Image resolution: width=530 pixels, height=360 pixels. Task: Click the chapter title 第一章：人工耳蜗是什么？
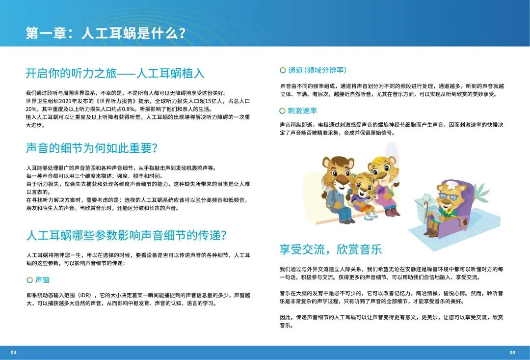click(x=106, y=33)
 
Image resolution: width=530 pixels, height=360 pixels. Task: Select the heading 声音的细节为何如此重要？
click(x=91, y=148)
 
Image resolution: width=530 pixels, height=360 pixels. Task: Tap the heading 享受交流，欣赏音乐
click(x=330, y=249)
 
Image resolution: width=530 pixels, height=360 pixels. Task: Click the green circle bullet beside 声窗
click(x=29, y=279)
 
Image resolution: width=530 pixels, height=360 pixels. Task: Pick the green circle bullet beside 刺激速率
click(x=282, y=111)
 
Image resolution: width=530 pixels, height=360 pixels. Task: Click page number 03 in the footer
click(x=14, y=352)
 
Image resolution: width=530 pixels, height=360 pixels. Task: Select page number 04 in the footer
click(x=512, y=352)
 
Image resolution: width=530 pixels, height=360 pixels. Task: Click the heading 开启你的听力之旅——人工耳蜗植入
click(x=115, y=73)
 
